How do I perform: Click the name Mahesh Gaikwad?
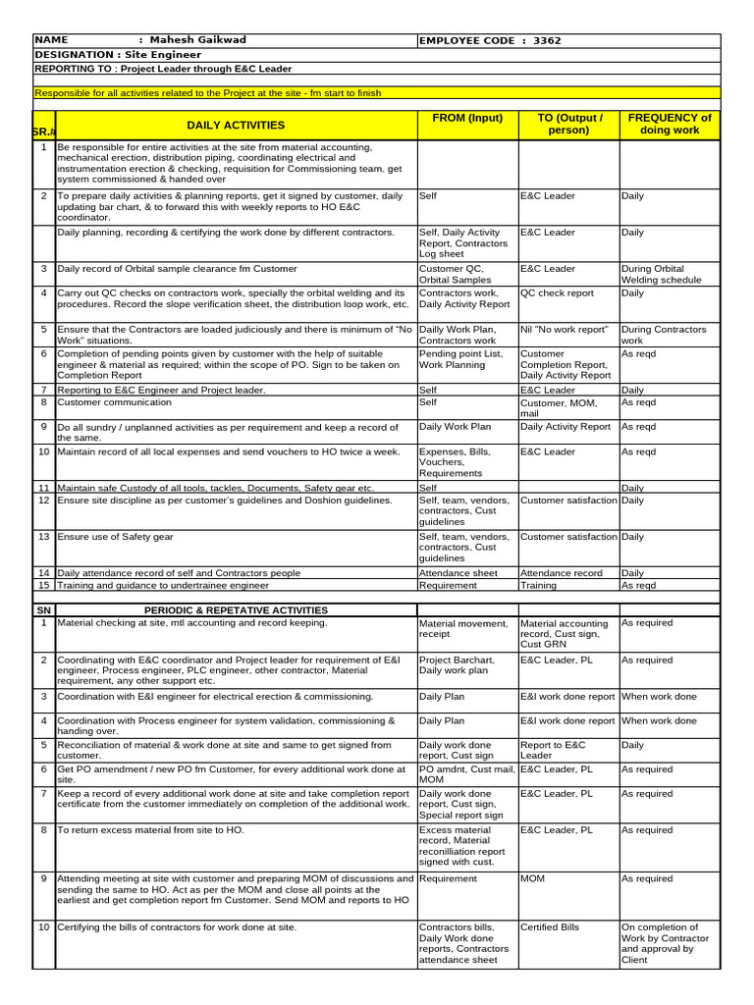point(199,40)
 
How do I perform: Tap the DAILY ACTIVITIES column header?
point(236,126)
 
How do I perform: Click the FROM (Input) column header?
point(466,118)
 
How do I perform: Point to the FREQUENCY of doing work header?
point(670,124)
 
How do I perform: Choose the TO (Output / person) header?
point(567,124)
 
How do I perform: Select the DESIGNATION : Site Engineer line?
point(104,55)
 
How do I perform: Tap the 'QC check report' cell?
point(558,292)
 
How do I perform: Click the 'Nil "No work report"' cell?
point(564,329)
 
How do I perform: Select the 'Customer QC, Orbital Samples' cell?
point(453,274)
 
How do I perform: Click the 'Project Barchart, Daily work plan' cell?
point(457,665)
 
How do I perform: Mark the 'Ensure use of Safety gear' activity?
point(115,537)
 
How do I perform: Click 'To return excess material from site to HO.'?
point(150,830)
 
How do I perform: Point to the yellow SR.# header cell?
point(43,132)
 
